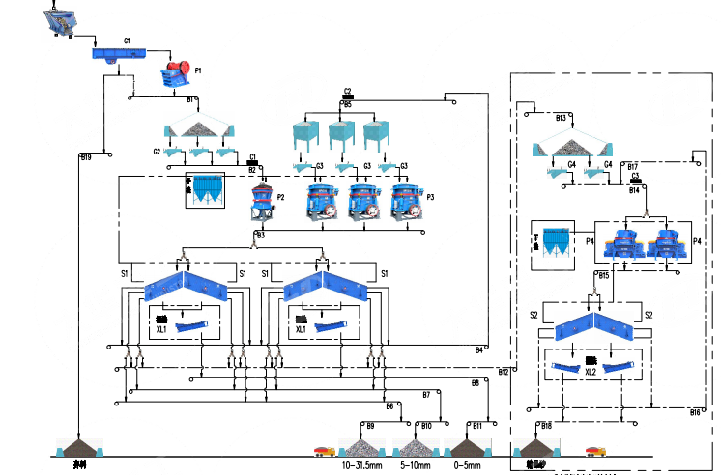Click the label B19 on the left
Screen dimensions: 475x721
pos(86,156)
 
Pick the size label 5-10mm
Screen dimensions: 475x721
pos(418,465)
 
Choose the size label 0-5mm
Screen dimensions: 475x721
pos(466,465)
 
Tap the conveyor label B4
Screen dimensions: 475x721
pos(478,349)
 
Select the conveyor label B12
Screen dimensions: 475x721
pos(503,372)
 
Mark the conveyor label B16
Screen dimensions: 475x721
pos(695,412)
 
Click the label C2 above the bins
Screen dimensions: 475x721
pos(347,91)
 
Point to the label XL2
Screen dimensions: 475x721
pos(590,373)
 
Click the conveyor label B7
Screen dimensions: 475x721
pos(426,394)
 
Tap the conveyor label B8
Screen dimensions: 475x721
pos(475,384)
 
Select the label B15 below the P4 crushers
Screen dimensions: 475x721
pos(604,275)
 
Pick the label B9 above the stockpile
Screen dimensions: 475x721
pos(369,425)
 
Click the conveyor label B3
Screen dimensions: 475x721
pos(260,235)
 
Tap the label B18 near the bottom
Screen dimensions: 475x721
pos(547,425)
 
